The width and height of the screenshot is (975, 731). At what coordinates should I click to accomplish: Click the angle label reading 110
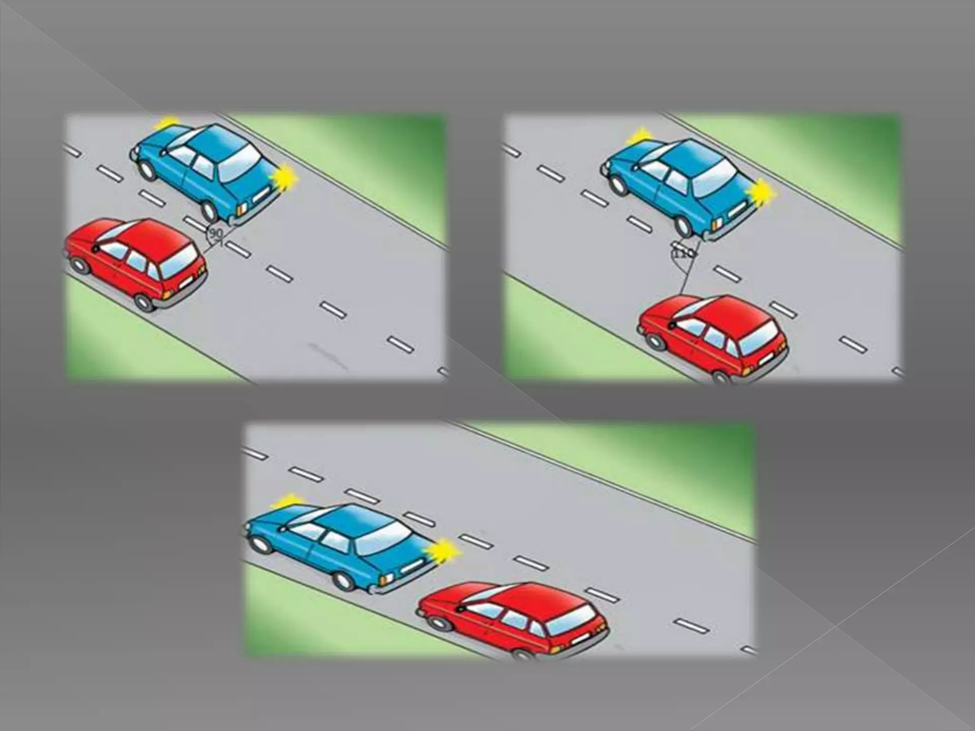(682, 253)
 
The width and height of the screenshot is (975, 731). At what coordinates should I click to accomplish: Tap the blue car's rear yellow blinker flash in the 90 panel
(284, 177)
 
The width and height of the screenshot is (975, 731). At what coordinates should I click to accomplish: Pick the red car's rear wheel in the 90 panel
(144, 301)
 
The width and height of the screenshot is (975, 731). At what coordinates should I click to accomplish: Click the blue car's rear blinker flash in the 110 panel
(762, 193)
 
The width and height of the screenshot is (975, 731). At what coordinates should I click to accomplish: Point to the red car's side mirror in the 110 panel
(672, 325)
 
